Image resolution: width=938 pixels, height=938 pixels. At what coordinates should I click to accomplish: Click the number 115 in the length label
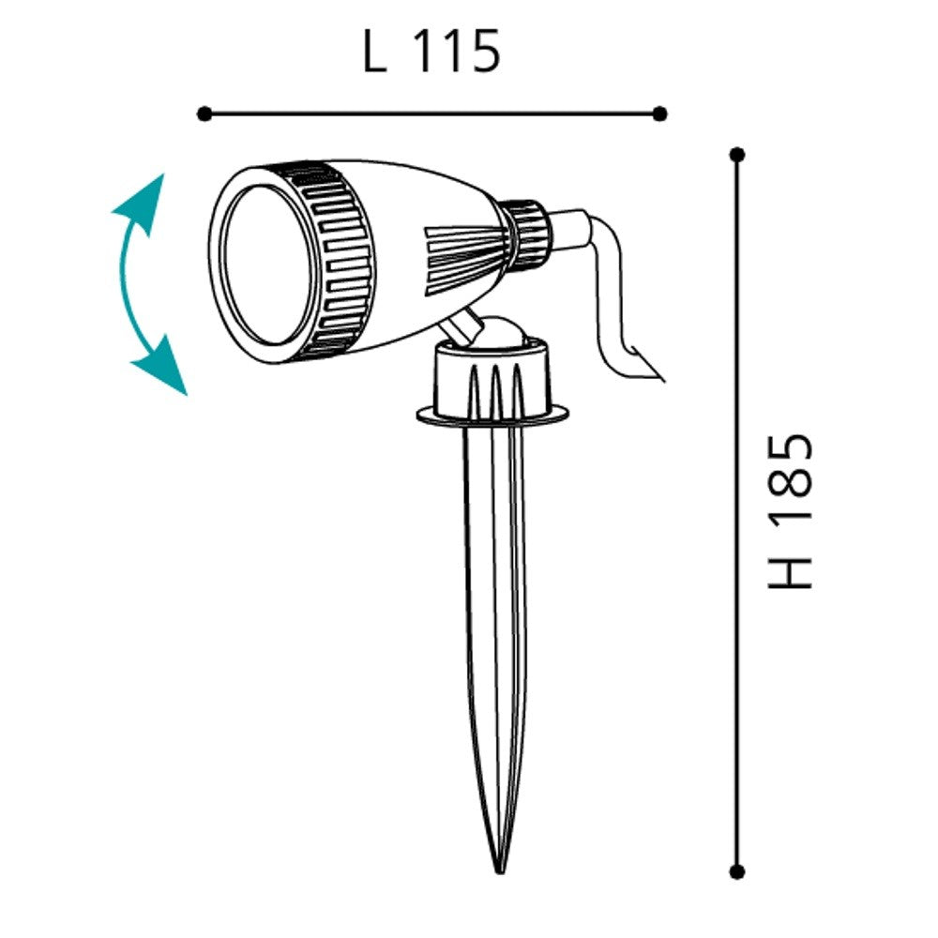[x=457, y=52]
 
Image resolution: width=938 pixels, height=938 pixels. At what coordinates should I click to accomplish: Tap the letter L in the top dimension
[x=375, y=52]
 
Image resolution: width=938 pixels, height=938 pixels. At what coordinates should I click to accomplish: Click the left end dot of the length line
[x=204, y=113]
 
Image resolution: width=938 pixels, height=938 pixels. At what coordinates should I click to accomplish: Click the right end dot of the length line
[x=659, y=113]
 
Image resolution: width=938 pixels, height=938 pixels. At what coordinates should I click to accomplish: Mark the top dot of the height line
[x=737, y=155]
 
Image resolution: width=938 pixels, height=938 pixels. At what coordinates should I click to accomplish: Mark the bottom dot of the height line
[x=737, y=871]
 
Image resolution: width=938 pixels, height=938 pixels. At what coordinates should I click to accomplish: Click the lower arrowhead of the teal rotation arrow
[x=162, y=367]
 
